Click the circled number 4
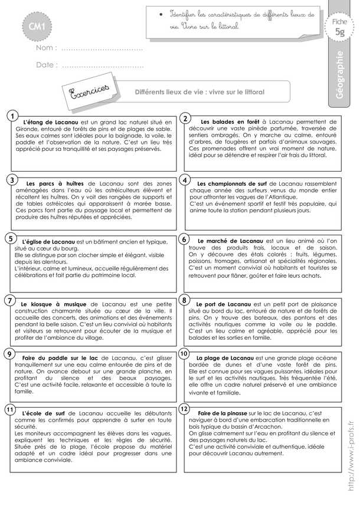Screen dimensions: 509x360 (185, 179)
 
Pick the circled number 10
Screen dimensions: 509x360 (184, 354)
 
